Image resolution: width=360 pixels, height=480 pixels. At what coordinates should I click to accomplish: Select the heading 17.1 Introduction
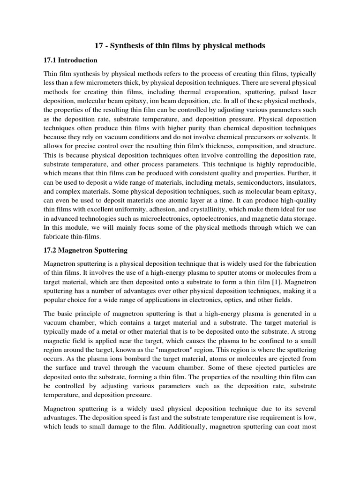(70, 60)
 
